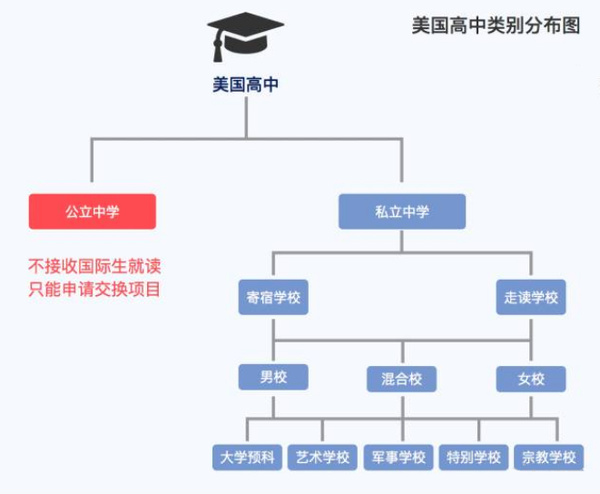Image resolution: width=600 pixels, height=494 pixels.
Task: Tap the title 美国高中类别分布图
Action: point(496,25)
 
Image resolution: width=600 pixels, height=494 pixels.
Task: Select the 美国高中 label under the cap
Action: point(245,85)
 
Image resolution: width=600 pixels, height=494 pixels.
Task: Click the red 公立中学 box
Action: point(92,212)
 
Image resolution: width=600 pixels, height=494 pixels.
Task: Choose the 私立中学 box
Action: point(402,212)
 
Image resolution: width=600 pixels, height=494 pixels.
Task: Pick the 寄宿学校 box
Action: point(273,298)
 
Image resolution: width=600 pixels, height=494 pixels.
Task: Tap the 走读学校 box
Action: point(531,298)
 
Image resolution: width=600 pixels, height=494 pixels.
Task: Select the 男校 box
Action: point(273,377)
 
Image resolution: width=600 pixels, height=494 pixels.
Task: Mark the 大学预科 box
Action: point(247,457)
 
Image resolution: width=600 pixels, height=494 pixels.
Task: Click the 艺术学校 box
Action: point(322,457)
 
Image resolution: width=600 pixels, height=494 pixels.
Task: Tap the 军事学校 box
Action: point(398,457)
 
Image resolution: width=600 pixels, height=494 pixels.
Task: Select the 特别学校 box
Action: point(474,457)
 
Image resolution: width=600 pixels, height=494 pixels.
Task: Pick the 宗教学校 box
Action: point(549,457)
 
